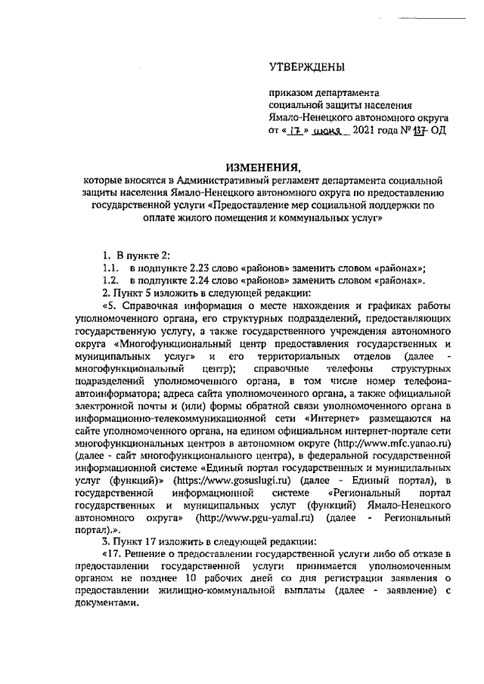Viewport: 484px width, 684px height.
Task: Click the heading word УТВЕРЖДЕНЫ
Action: pos(306,67)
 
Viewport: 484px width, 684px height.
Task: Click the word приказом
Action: pos(292,93)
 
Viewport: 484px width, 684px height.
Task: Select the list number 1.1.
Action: pos(112,268)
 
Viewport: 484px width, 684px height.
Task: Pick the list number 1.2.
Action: pos(112,280)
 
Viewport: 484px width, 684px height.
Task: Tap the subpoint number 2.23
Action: pos(197,268)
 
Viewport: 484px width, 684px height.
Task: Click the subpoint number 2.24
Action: pos(197,280)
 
